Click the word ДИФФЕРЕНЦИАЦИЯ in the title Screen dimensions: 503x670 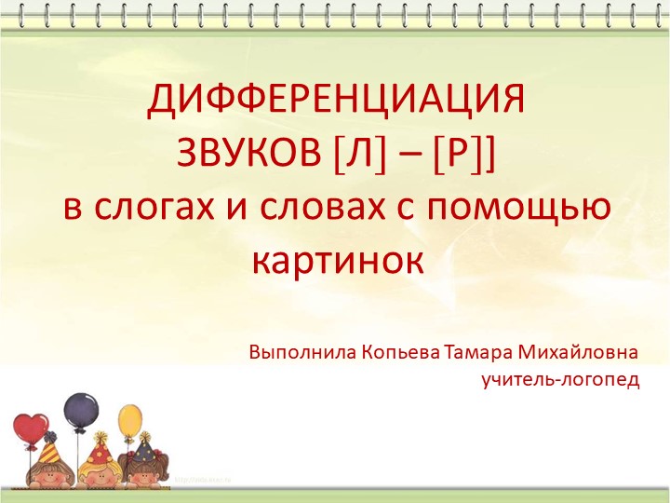pos(336,101)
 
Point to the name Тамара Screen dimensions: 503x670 pos(475,353)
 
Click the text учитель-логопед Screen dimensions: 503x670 pos(560,380)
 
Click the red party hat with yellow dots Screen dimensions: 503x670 pos(97,454)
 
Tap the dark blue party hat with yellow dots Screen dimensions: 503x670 pos(144,451)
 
